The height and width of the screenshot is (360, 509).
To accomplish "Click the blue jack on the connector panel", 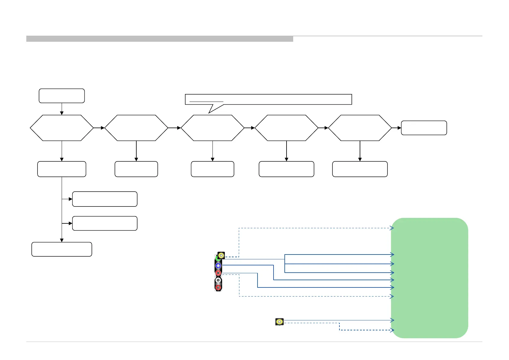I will [218, 266].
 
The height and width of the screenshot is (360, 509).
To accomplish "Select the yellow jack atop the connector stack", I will [221, 256].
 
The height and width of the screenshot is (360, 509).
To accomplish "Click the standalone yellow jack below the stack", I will [280, 322].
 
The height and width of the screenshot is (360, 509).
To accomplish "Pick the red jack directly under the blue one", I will [218, 273].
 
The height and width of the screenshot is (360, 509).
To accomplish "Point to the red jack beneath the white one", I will [218, 287].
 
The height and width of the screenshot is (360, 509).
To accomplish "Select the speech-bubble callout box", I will [268, 99].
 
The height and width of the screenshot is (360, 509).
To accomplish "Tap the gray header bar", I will [160, 39].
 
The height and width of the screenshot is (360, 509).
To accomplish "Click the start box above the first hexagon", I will [62, 96].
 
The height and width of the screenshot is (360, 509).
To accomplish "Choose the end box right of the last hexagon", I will [424, 128].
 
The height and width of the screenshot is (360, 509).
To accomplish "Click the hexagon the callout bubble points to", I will [212, 128].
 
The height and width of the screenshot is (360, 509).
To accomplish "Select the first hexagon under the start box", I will [62, 128].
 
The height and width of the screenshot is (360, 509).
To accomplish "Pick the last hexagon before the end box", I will [360, 128].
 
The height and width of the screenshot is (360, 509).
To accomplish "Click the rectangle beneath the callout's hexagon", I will [212, 169].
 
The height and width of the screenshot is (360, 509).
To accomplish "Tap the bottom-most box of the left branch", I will [62, 249].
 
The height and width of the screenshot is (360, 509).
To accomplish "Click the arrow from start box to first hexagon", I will [62, 109].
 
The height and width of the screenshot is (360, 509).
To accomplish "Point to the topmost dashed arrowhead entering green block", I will [392, 228].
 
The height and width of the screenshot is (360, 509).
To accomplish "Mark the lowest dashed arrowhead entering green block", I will [392, 330].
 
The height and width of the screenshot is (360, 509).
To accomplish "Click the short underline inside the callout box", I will [206, 102].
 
